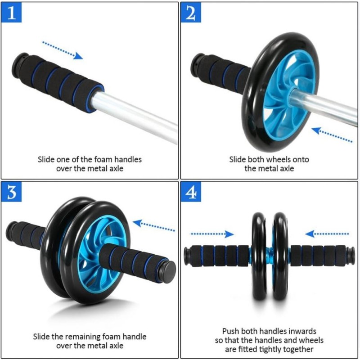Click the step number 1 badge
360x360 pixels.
pos(12,13)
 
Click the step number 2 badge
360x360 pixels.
pos(191,13)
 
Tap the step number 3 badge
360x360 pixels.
pos(12,192)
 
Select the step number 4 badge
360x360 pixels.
pos(191,192)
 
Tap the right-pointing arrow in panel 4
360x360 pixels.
pos(212,234)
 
